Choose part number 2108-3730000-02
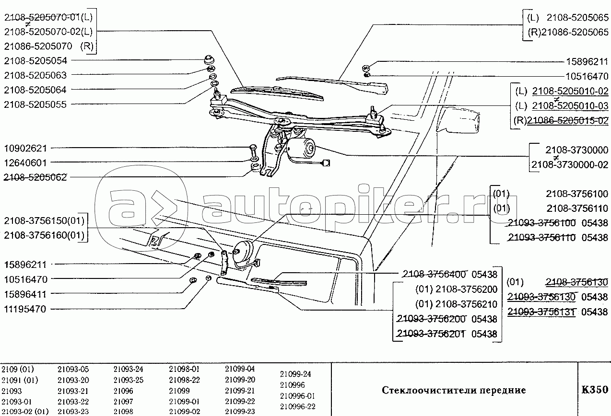pyautogui.click(x=570, y=165)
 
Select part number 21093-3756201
pyautogui.click(x=432, y=334)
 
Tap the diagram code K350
pyautogui.click(x=595, y=390)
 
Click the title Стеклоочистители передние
pyautogui.click(x=454, y=390)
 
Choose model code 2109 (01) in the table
pyautogui.click(x=18, y=369)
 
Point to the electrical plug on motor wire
pyautogui.click(x=327, y=163)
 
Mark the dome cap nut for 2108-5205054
pyautogui.click(x=208, y=60)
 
